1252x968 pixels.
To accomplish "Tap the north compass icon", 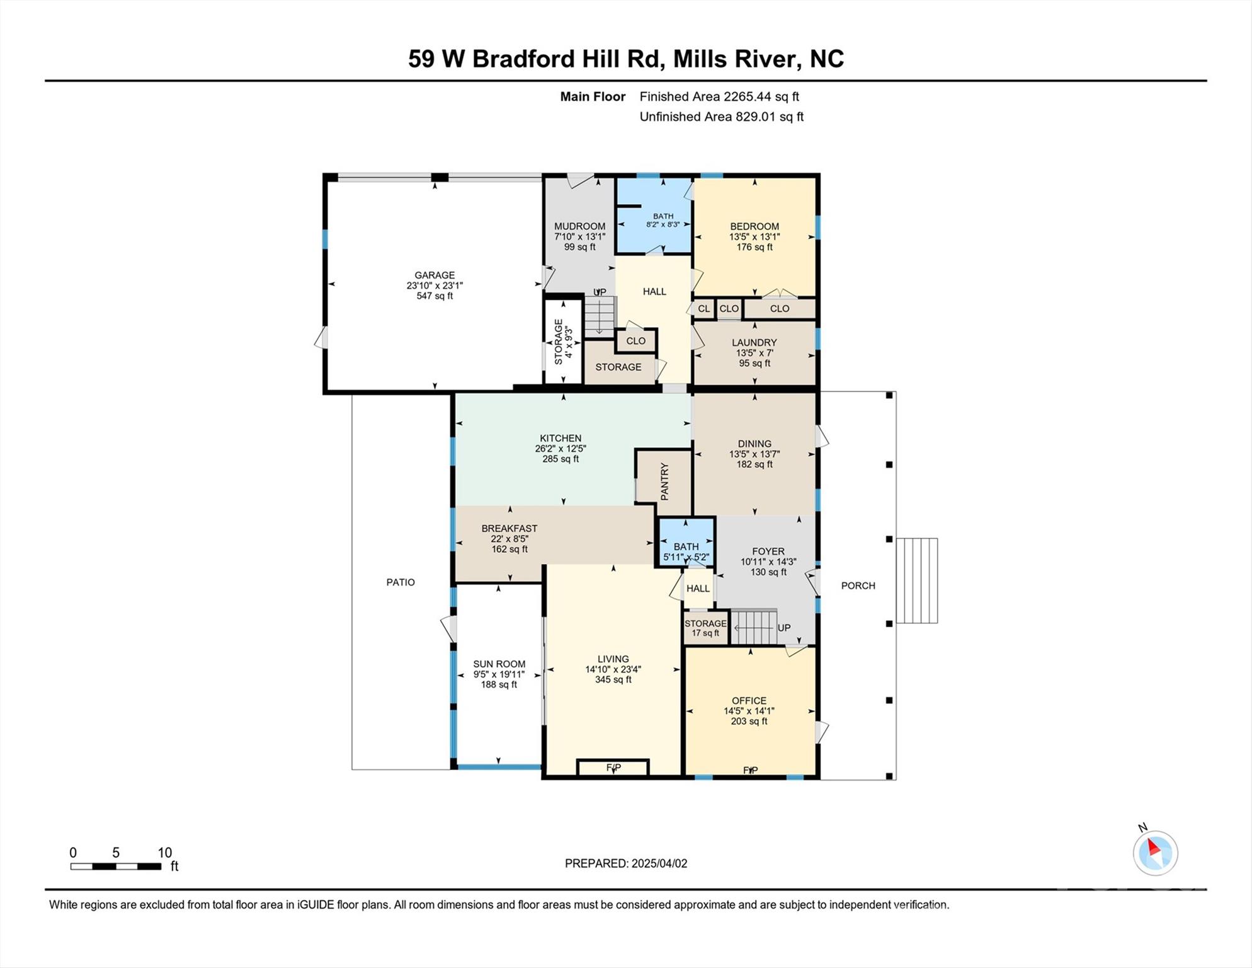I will pyautogui.click(x=1155, y=853).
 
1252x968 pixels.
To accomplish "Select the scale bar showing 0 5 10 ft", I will pyautogui.click(x=116, y=866).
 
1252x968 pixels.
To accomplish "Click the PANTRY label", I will pyautogui.click(x=664, y=481).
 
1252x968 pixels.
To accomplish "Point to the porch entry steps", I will pyautogui.click(x=916, y=580).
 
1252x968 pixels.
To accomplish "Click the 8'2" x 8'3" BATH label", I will pyautogui.click(x=663, y=220).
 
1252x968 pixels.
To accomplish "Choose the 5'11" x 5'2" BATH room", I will pyautogui.click(x=686, y=551).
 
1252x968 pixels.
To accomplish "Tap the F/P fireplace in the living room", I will pyautogui.click(x=613, y=768).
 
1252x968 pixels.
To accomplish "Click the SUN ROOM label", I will pyautogui.click(x=499, y=674).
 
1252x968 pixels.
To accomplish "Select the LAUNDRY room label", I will pyautogui.click(x=754, y=352).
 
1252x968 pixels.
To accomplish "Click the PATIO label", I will pyautogui.click(x=401, y=582).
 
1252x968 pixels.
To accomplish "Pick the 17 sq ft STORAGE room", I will pyautogui.click(x=705, y=628).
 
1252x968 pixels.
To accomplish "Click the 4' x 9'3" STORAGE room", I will pyautogui.click(x=562, y=342).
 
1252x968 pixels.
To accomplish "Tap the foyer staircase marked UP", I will pyautogui.click(x=754, y=627).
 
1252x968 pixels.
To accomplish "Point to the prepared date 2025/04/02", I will pyautogui.click(x=625, y=863).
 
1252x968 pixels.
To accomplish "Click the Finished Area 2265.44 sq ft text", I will pyautogui.click(x=719, y=96).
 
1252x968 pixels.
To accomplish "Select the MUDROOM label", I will pyautogui.click(x=579, y=236).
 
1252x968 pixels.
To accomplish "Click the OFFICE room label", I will pyautogui.click(x=749, y=710).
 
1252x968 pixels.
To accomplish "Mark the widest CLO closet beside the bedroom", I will pyautogui.click(x=779, y=309).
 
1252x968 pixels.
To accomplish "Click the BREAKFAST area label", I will pyautogui.click(x=509, y=539).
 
